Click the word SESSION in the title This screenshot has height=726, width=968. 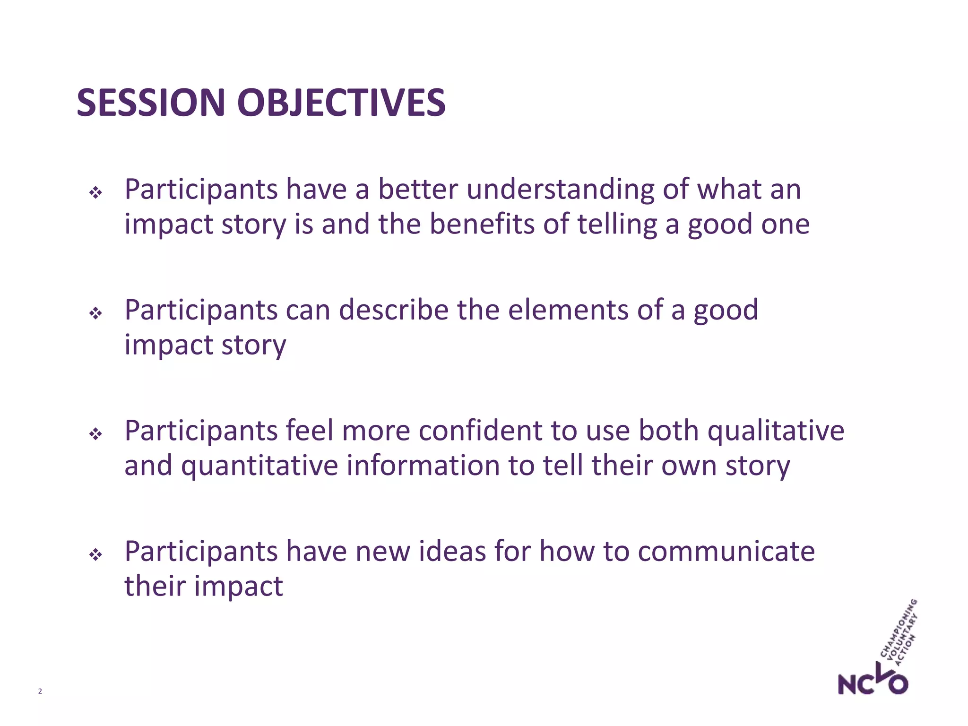150,103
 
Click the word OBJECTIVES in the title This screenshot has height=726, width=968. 341,103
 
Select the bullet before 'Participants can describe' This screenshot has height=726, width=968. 95,313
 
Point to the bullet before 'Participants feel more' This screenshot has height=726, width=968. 95,433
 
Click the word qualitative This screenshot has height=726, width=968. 775,431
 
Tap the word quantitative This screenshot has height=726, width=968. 259,466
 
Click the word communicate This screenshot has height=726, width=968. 726,552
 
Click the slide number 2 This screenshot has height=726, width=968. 40,691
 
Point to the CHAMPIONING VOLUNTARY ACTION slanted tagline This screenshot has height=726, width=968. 899,633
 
